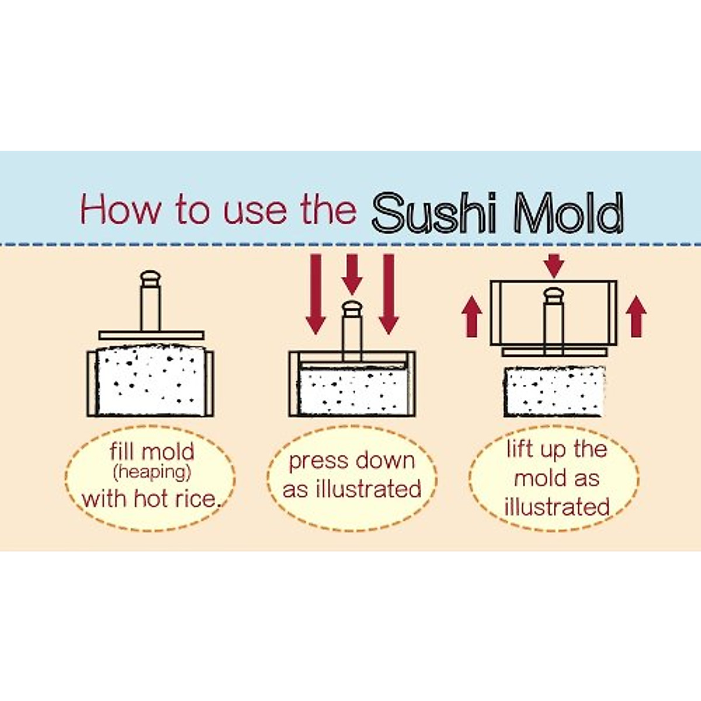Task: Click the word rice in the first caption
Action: (x=198, y=499)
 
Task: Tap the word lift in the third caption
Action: (x=519, y=449)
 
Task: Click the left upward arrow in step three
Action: (x=472, y=316)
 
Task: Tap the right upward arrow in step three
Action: (x=636, y=316)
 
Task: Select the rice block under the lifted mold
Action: (x=553, y=391)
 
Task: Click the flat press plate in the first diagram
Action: (x=151, y=335)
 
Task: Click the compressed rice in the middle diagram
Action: (x=352, y=391)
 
